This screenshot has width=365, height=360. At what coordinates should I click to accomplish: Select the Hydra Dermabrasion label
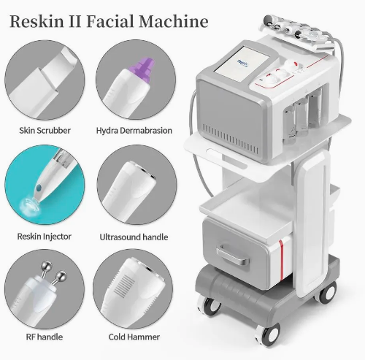[134, 131]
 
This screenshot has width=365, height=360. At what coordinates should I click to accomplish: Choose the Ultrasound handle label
[134, 237]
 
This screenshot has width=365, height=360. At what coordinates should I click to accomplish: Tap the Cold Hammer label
[126, 337]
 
